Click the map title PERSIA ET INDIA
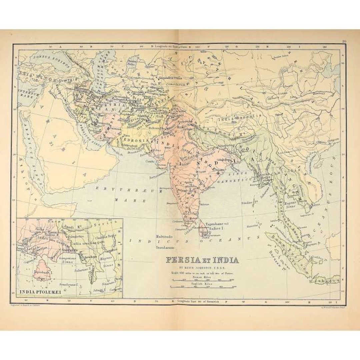pos(202,260)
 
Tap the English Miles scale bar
pos(203,286)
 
